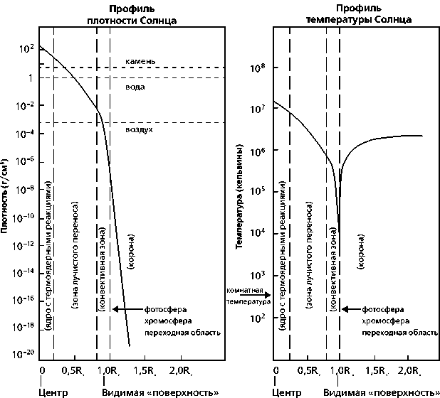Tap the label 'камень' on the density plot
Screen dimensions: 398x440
pyautogui.click(x=135, y=62)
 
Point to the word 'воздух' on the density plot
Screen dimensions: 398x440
pyautogui.click(x=139, y=130)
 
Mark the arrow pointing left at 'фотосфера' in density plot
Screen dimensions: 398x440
pyautogui.click(x=127, y=310)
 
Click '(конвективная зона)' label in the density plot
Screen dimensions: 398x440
pyautogui.click(x=103, y=270)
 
